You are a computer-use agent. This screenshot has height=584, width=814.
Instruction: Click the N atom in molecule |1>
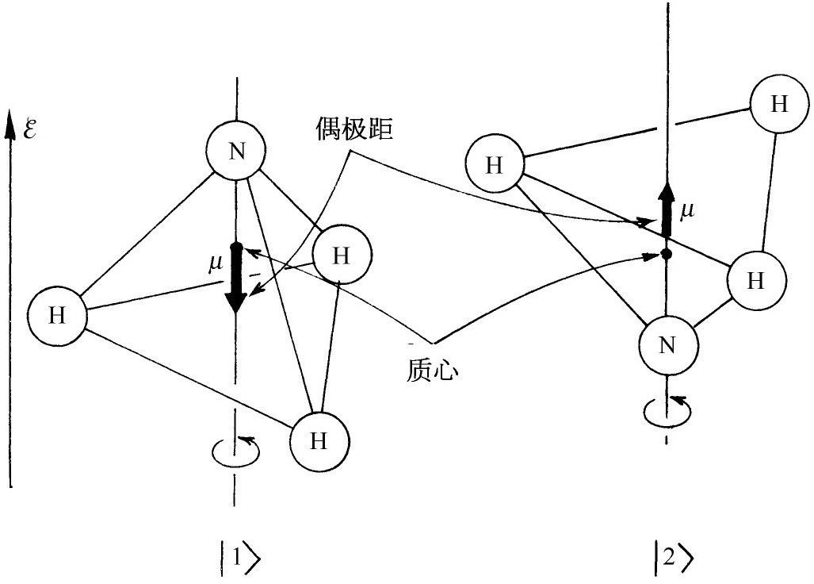pyautogui.click(x=235, y=152)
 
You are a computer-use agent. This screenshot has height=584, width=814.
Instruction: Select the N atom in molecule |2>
pyautogui.click(x=668, y=345)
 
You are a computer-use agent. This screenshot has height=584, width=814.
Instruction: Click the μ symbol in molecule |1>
pyautogui.click(x=214, y=261)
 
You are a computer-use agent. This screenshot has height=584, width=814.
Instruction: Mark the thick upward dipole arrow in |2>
pyautogui.click(x=667, y=210)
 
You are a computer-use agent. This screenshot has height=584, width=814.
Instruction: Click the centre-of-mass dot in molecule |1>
pyautogui.click(x=235, y=247)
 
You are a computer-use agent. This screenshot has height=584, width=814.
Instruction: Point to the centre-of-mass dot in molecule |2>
pyautogui.click(x=667, y=254)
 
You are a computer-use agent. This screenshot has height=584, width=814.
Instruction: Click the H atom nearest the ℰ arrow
pyautogui.click(x=56, y=315)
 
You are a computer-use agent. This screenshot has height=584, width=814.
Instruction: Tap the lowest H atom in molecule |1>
pyautogui.click(x=319, y=441)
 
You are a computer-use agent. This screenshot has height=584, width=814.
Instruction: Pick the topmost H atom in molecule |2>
pyautogui.click(x=779, y=106)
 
